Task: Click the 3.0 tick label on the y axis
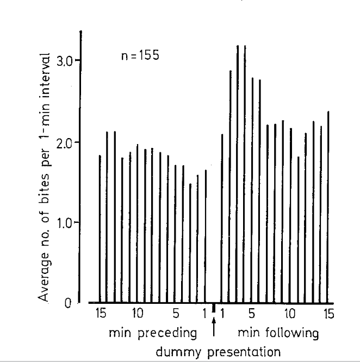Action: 66,60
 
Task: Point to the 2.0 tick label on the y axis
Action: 66,142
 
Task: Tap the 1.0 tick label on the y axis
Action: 66,223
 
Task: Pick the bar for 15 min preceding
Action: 100,228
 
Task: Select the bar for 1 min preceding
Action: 206,236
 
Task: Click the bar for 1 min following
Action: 222,217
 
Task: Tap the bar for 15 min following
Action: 328,207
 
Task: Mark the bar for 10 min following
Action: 290,215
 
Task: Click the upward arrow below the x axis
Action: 214,327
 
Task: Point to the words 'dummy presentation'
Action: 219,352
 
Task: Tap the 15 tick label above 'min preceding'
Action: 100,314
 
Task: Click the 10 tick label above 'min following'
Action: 290,314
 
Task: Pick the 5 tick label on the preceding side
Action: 176,314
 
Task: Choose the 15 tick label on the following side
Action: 328,314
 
